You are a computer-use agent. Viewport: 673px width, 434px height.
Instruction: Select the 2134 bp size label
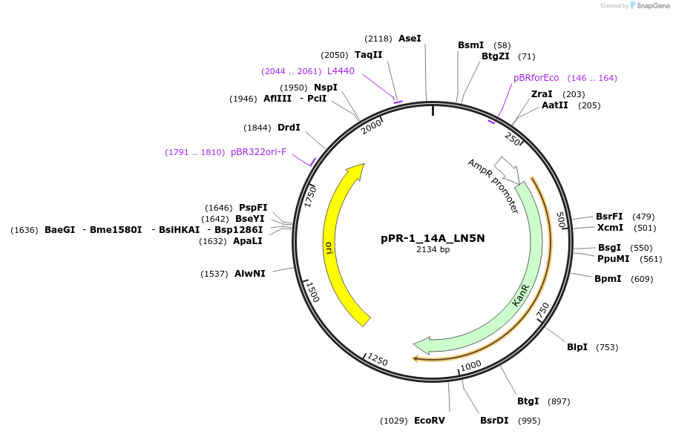433,250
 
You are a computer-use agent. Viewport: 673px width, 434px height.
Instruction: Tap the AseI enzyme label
410,38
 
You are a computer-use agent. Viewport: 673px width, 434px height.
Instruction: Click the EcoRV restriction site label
430,421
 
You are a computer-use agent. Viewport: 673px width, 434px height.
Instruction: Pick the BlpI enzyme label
577,347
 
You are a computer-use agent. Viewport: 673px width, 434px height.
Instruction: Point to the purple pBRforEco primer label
536,78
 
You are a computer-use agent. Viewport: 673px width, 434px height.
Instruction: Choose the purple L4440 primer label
341,71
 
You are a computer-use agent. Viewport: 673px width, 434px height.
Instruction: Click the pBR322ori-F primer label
258,152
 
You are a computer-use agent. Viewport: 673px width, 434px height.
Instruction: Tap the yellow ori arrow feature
338,245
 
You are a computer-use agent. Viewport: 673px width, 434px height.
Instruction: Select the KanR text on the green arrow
521,295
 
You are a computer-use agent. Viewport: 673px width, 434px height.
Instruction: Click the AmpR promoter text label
493,186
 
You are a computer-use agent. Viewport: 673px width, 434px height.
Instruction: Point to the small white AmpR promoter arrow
508,168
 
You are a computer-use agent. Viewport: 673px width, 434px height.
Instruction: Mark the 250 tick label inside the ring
513,138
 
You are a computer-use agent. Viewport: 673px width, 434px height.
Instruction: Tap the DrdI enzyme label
289,128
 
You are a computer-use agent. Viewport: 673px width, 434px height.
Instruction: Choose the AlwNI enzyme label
250,274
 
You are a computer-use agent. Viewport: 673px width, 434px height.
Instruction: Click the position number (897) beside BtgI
559,401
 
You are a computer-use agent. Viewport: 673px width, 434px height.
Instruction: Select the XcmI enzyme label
610,228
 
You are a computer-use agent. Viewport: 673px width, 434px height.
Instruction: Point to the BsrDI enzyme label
494,421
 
